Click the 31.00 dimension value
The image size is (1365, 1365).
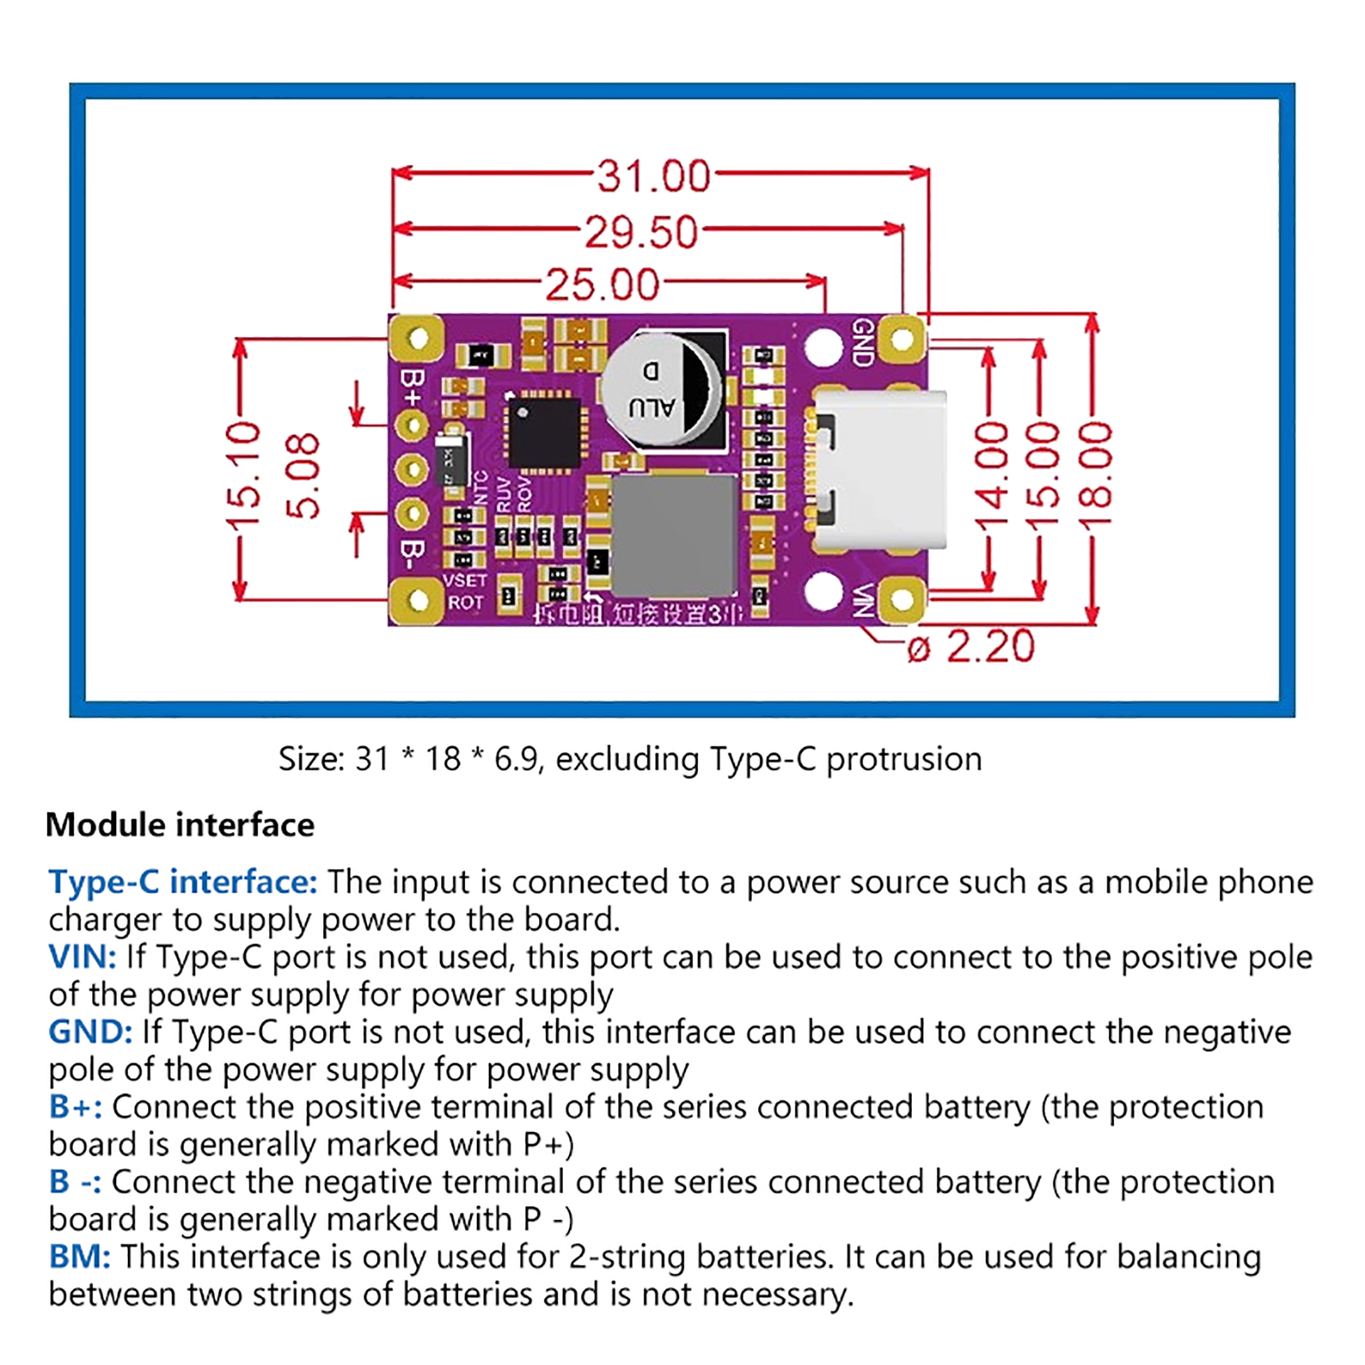click(x=653, y=177)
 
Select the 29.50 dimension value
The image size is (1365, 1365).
click(x=641, y=232)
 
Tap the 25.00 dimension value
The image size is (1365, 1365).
click(x=602, y=285)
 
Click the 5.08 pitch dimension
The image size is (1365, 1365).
click(x=303, y=476)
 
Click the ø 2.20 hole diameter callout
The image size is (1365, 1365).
click(x=971, y=647)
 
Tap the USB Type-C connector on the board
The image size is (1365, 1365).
click(x=879, y=469)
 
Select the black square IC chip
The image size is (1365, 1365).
click(x=543, y=433)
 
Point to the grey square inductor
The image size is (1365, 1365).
click(x=674, y=535)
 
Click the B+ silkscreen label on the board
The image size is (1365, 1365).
click(x=413, y=386)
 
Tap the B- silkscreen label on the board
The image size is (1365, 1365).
click(x=413, y=555)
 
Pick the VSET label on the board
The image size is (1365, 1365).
click(x=465, y=580)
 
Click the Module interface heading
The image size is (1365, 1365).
click(x=180, y=825)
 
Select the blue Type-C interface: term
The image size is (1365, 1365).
click(x=183, y=881)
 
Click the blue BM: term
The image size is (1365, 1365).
click(x=79, y=1257)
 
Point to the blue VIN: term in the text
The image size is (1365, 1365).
click(x=82, y=956)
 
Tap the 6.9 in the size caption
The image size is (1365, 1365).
click(x=517, y=758)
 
